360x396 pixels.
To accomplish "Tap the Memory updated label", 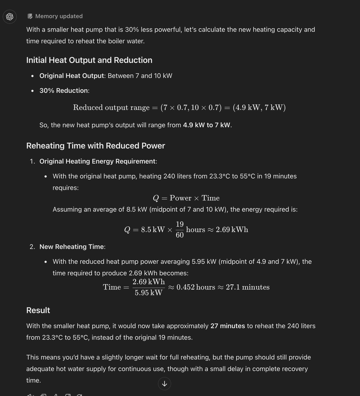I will pyautogui.click(x=59, y=16).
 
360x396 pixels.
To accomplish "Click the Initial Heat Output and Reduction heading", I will pyautogui.click(x=89, y=60).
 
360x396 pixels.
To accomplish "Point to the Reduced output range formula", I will pyautogui.click(x=179, y=107).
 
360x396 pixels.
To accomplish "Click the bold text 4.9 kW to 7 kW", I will pyautogui.click(x=207, y=125).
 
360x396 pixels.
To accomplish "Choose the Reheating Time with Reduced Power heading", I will pyautogui.click(x=95, y=146).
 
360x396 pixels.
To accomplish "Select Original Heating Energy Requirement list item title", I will pyautogui.click(x=97, y=161).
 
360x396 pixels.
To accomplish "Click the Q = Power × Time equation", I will pyautogui.click(x=186, y=198).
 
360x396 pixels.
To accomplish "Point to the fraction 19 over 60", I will pyautogui.click(x=180, y=230).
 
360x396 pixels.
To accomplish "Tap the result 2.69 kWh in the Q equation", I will pyautogui.click(x=232, y=230).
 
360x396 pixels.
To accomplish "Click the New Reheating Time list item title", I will pyautogui.click(x=72, y=247).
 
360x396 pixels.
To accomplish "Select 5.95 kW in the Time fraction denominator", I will pyautogui.click(x=148, y=293).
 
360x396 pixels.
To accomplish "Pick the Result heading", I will pyautogui.click(x=38, y=310).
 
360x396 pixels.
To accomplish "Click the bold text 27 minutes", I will pyautogui.click(x=227, y=326).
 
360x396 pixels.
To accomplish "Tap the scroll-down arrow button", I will pyautogui.click(x=165, y=383).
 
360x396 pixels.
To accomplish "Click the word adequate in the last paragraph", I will pyautogui.click(x=42, y=368).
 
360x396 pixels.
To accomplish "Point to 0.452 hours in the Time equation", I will pyautogui.click(x=196, y=287).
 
